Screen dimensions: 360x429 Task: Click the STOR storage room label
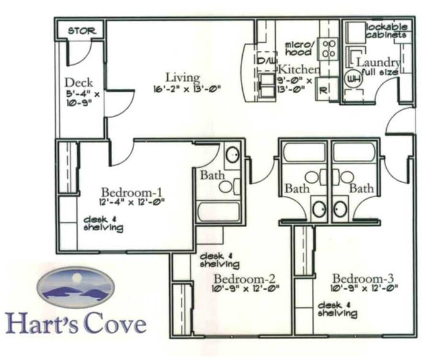(x=80, y=31)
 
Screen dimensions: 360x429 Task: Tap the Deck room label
(x=79, y=83)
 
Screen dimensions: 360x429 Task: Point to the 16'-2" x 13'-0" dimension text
(x=186, y=89)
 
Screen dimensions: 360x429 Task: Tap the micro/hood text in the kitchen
(x=298, y=48)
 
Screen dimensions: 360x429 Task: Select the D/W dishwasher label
(x=267, y=62)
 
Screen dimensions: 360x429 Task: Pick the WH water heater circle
(x=353, y=79)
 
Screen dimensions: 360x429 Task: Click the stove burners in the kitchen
(x=329, y=48)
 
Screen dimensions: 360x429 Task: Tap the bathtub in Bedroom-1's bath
(x=218, y=211)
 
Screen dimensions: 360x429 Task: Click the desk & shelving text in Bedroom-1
(x=103, y=224)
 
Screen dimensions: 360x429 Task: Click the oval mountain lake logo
(x=75, y=287)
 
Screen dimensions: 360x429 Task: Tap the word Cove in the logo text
(x=115, y=323)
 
